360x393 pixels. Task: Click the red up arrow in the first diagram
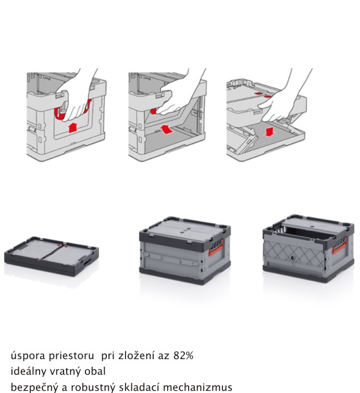tap(72, 128)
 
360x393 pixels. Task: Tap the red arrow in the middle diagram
tap(166, 129)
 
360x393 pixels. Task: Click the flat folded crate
tap(52, 256)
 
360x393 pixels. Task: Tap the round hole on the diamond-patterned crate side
tap(292, 257)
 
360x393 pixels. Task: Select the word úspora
tap(28, 355)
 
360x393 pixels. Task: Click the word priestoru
tap(71, 355)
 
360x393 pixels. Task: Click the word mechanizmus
tap(197, 387)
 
